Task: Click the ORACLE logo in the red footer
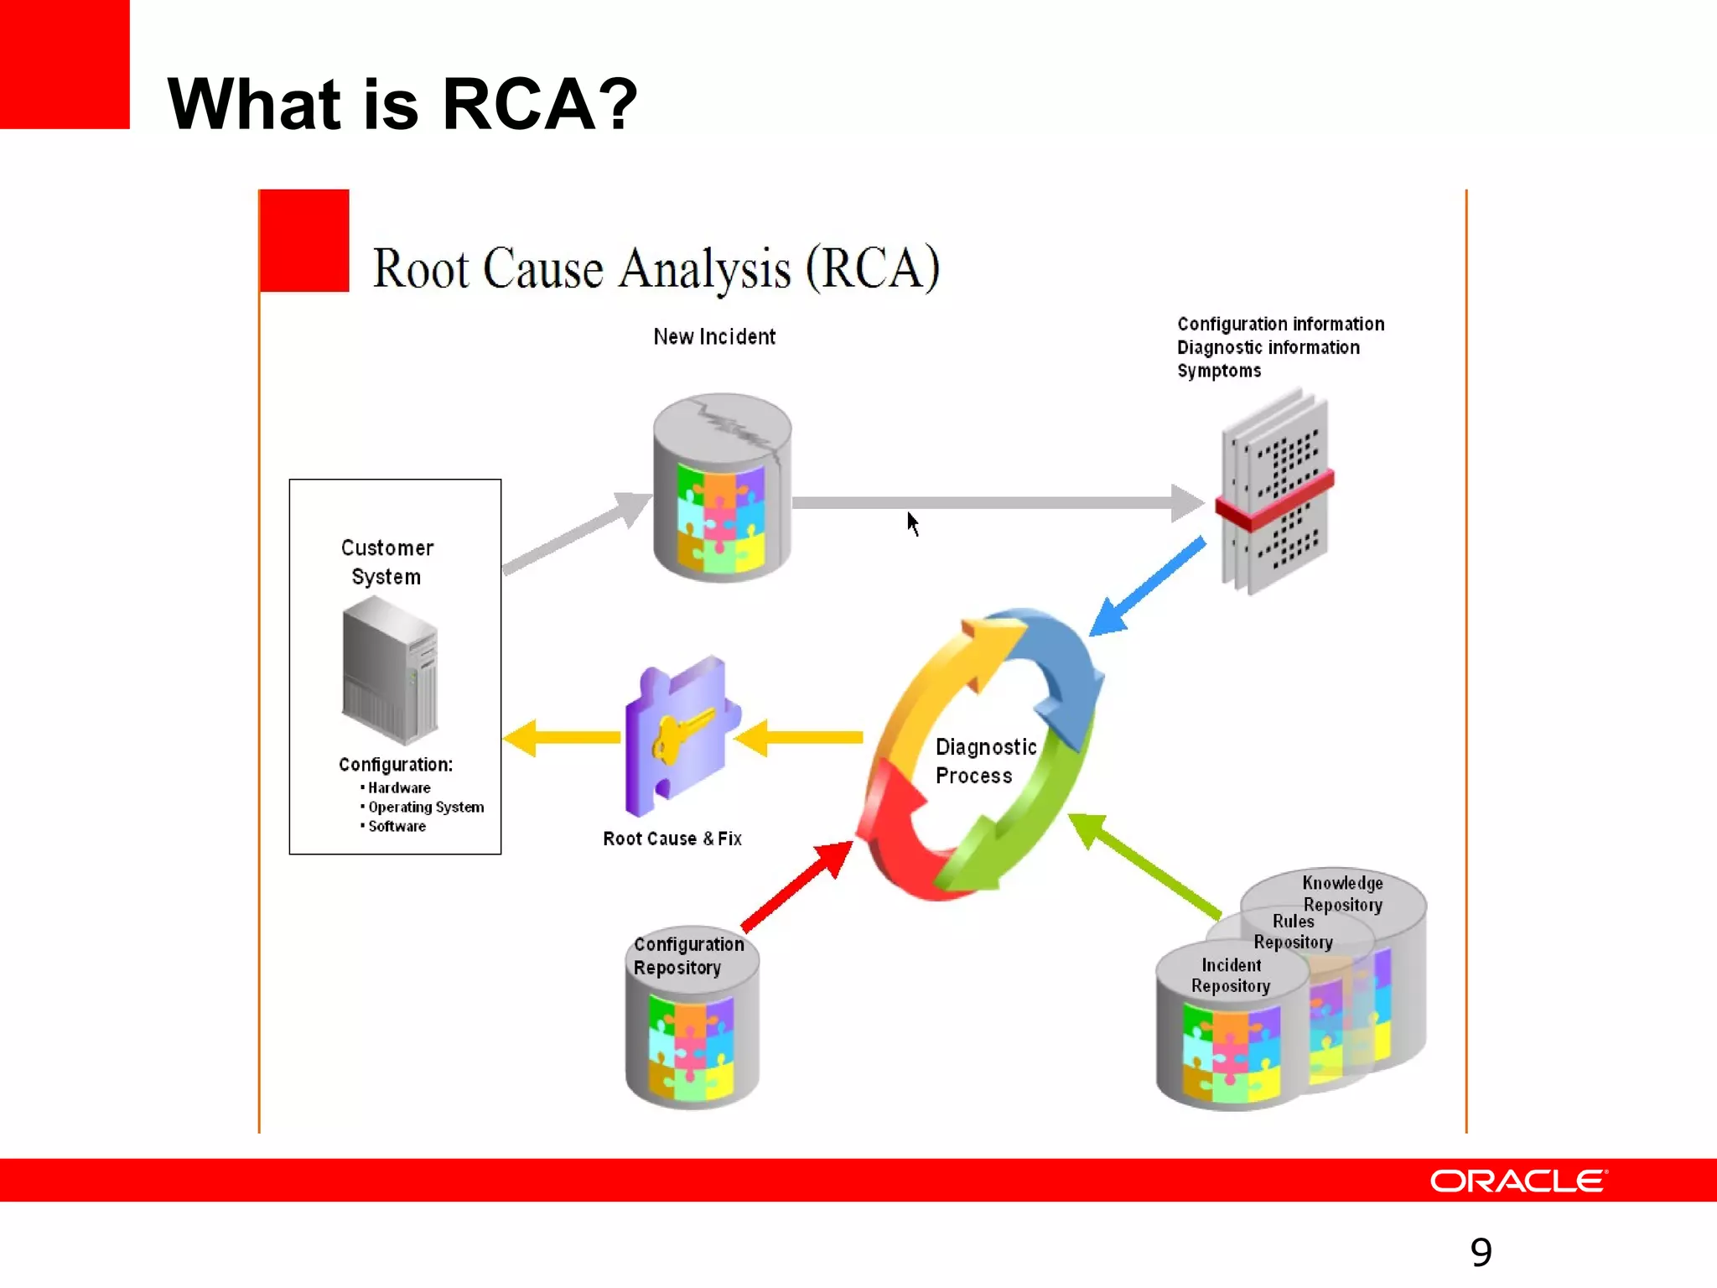[1517, 1181]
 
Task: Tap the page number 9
[1481, 1252]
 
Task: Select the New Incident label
[714, 337]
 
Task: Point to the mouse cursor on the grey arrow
[912, 522]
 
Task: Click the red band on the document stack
[1274, 501]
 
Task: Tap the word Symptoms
[1218, 371]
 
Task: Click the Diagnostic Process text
[984, 761]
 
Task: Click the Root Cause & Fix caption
[672, 839]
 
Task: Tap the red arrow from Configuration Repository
[796, 886]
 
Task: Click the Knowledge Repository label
[1341, 893]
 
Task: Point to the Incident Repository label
[1230, 975]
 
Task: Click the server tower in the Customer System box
[390, 672]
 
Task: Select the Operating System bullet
[425, 807]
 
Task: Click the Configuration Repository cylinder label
[687, 955]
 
